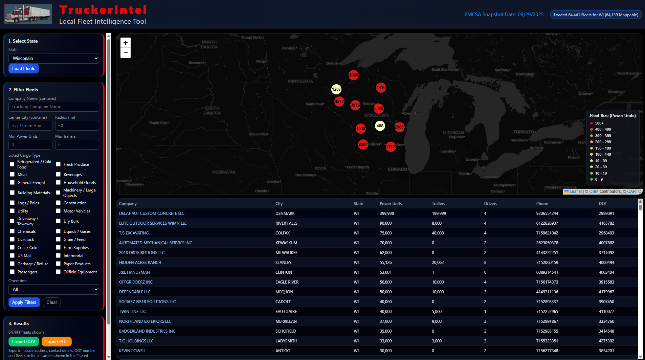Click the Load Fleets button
tap(24, 69)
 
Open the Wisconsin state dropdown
tap(54, 59)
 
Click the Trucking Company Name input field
tap(54, 107)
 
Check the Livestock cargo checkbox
tap(13, 240)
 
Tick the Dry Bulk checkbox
tap(58, 221)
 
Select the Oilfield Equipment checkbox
tap(58, 272)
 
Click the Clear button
tap(52, 302)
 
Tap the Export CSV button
tap(24, 342)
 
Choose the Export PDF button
tap(57, 342)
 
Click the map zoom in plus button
tap(126, 43)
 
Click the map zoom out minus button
tap(126, 53)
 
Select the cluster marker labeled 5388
tap(378, 109)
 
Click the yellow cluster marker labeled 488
tap(380, 126)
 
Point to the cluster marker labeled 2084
tap(353, 75)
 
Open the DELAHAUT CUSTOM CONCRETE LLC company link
tap(152, 213)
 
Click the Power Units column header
tap(391, 204)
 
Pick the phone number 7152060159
tap(547, 263)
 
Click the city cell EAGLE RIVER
tap(287, 282)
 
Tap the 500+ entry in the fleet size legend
tap(599, 123)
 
